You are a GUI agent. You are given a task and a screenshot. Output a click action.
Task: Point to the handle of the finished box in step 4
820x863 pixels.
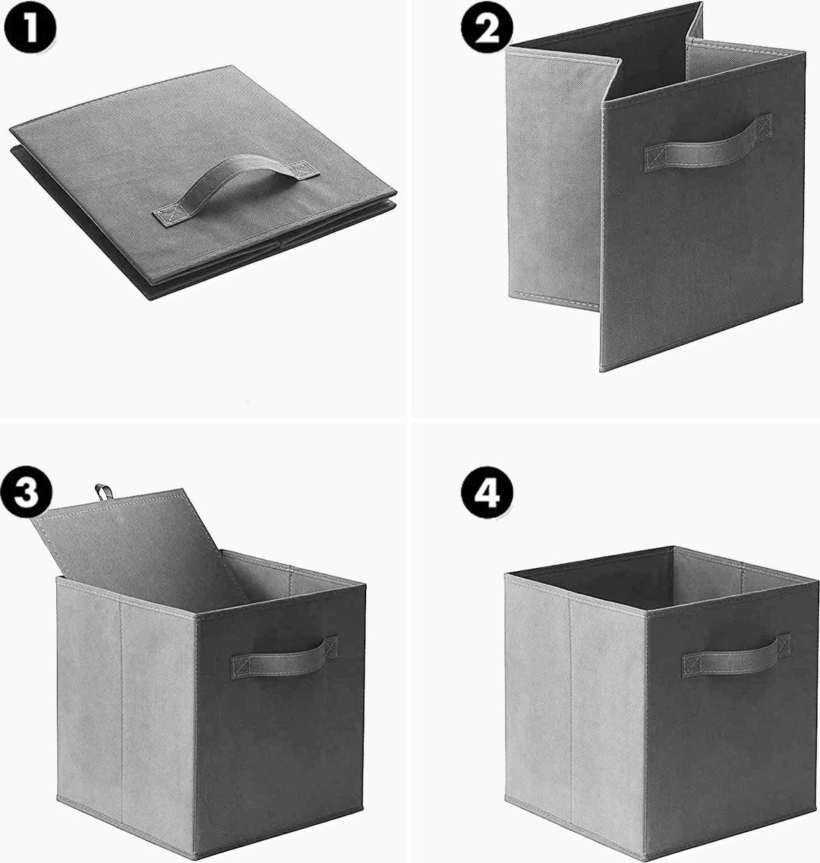tap(736, 656)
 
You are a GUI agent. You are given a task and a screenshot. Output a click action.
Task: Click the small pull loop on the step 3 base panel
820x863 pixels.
tap(103, 492)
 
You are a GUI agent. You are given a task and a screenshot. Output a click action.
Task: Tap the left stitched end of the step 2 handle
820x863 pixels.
tap(655, 158)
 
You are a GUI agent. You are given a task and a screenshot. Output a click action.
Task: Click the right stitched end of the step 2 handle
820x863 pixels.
tap(764, 127)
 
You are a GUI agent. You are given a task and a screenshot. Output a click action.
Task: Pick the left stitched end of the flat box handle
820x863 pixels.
tap(165, 216)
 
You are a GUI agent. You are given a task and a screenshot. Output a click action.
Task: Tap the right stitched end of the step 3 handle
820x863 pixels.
tap(331, 647)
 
